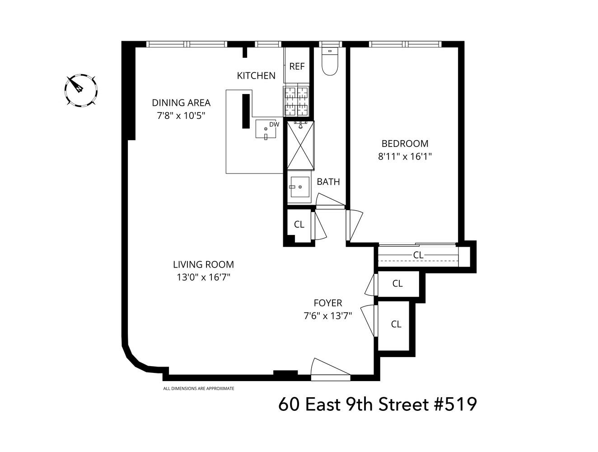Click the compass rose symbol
(81, 90)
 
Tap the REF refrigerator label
(297, 66)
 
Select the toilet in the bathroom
(330, 63)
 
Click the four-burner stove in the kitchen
(296, 101)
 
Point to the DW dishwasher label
(274, 124)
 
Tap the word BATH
(328, 182)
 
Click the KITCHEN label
(256, 75)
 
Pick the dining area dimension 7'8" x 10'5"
(181, 115)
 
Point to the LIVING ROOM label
(203, 265)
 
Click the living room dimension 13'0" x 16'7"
(203, 277)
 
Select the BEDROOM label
(405, 144)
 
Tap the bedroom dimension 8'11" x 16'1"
(405, 156)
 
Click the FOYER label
(328, 303)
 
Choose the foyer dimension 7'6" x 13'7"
(328, 315)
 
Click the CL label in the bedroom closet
(418, 255)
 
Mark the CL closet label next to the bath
(299, 225)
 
